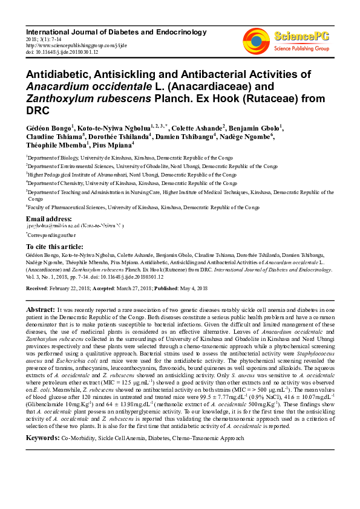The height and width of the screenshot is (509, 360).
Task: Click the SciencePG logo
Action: click(x=289, y=39)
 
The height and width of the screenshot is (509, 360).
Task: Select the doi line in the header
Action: click(x=53, y=52)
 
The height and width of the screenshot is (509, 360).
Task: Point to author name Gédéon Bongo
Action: click(x=48, y=128)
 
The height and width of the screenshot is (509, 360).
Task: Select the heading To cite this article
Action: click(x=55, y=247)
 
